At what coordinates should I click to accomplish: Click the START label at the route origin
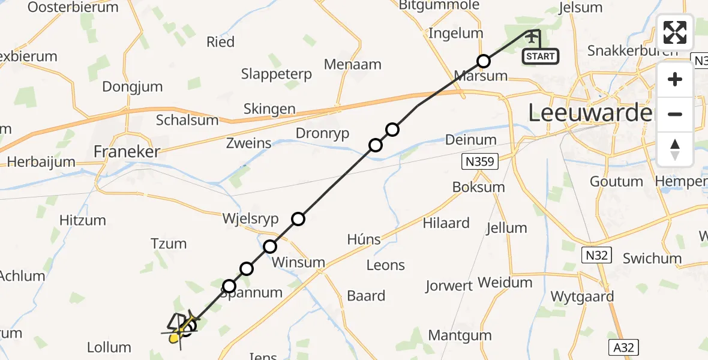540,57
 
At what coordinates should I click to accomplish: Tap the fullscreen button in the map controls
675,32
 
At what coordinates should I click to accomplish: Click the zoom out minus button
675,114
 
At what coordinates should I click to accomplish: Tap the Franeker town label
127,152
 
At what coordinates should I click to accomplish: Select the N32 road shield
597,256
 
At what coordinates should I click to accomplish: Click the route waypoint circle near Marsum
484,61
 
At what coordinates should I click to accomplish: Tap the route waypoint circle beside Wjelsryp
298,219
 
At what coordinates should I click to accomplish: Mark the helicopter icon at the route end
178,329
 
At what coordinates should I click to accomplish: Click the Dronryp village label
323,133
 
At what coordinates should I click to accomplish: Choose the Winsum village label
298,263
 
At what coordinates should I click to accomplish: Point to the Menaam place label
352,64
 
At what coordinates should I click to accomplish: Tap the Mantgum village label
452,335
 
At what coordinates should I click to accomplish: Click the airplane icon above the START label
532,37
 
